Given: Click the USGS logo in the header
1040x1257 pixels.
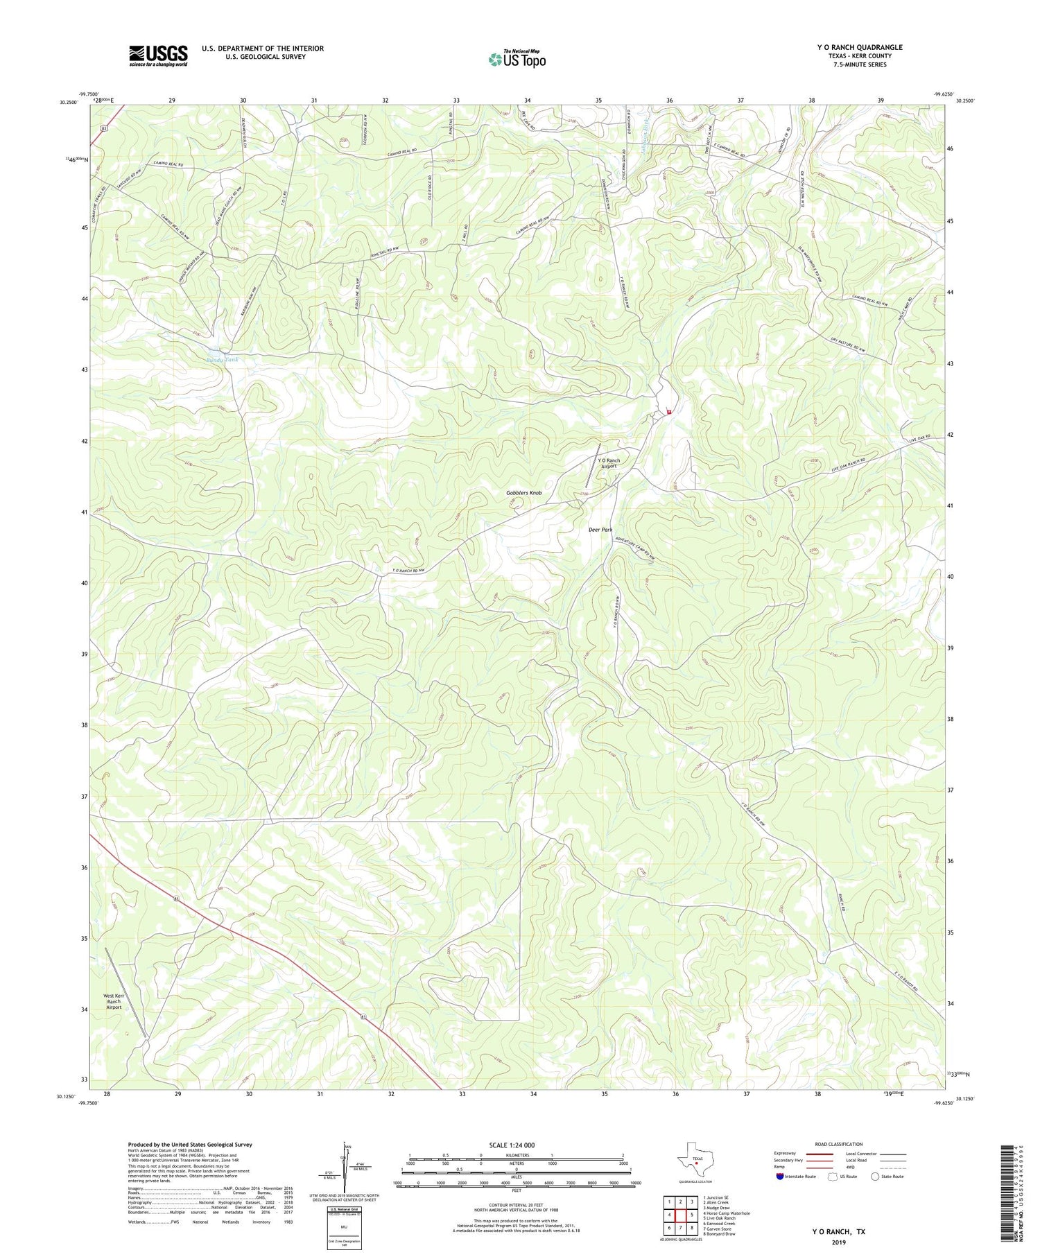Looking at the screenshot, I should click(158, 55).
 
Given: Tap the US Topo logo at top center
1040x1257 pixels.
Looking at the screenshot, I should click(517, 59).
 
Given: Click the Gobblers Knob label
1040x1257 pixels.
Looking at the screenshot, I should click(523, 493).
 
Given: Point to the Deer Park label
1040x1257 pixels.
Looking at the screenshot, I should click(600, 530).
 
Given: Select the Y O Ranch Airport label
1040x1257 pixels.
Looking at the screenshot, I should click(609, 464).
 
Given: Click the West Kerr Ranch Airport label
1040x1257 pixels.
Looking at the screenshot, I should click(114, 1001).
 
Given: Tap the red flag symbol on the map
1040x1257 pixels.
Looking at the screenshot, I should click(668, 412).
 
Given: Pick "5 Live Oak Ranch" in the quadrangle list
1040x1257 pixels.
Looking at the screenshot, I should click(719, 1218).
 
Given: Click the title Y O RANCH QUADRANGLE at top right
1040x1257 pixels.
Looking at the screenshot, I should click(860, 48).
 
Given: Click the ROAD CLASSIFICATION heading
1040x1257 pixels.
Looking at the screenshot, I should click(839, 1144).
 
